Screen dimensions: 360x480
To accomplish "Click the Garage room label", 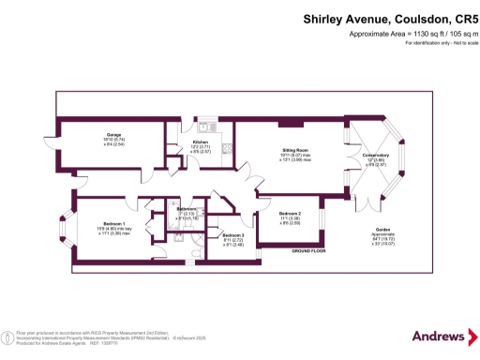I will [x=113, y=135].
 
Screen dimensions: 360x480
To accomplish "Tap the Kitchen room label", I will [x=200, y=142].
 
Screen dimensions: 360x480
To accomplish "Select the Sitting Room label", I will [x=296, y=149].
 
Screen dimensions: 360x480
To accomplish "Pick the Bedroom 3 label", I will [x=232, y=234].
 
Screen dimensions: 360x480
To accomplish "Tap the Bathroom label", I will [x=187, y=208].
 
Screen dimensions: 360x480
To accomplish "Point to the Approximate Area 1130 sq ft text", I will [x=412, y=34].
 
